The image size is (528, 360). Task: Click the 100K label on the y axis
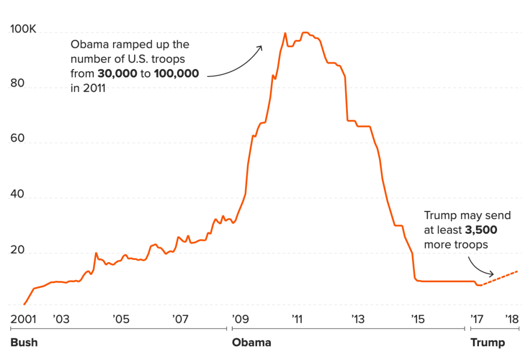click(23, 30)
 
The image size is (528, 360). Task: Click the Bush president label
click(24, 342)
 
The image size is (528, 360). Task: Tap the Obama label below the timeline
click(251, 342)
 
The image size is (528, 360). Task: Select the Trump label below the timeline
click(487, 342)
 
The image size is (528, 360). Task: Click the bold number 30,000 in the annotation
click(117, 74)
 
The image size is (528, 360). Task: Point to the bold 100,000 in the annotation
click(176, 74)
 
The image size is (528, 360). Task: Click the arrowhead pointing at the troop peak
click(260, 47)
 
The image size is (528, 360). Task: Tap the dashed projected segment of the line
click(501, 276)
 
